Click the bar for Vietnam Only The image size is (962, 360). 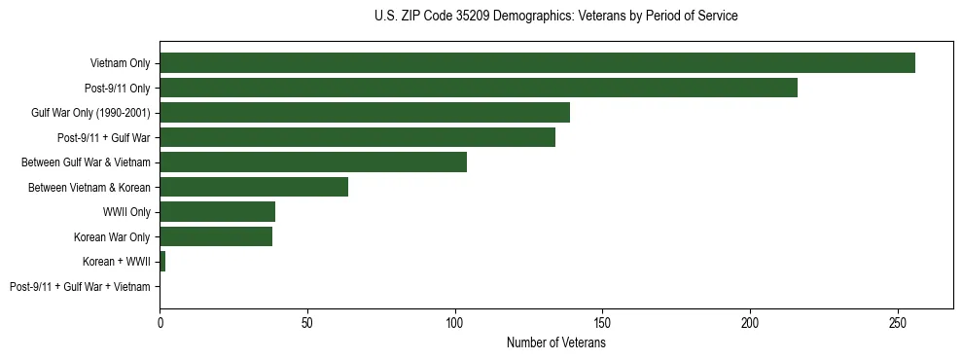click(537, 63)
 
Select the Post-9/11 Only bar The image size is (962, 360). click(478, 88)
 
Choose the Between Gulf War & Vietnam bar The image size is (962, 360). click(312, 162)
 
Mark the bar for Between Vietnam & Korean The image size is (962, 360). click(253, 187)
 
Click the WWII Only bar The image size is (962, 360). click(217, 212)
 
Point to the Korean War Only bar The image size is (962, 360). click(215, 236)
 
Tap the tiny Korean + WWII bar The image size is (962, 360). click(162, 262)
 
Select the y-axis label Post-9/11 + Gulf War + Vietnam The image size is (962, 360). click(80, 287)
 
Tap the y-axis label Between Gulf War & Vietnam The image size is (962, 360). click(94, 162)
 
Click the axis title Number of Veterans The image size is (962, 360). click(555, 342)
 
